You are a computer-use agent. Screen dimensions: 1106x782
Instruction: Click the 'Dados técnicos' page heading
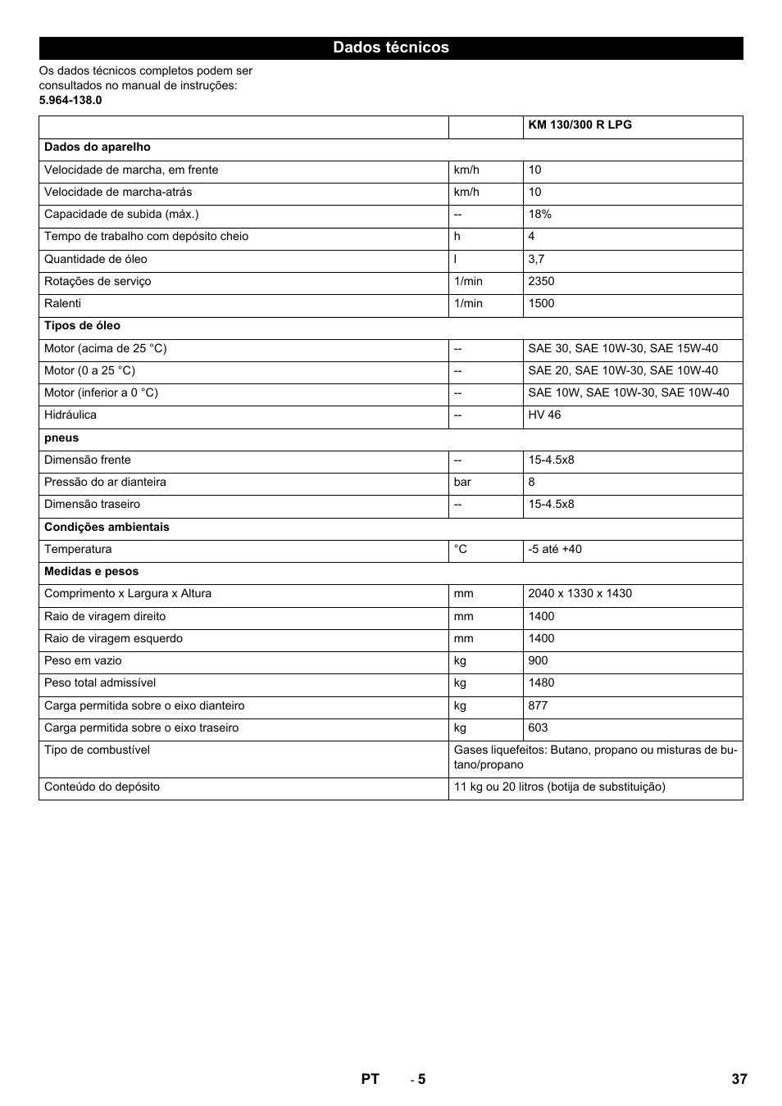pos(390,48)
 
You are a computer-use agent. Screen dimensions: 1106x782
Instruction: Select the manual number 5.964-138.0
pos(70,100)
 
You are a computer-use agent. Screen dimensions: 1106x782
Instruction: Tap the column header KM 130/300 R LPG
pos(580,125)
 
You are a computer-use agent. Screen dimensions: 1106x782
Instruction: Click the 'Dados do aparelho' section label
pos(98,147)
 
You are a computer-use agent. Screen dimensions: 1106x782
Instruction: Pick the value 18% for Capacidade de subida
pos(539,215)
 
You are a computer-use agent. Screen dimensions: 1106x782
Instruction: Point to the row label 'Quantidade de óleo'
pos(96,259)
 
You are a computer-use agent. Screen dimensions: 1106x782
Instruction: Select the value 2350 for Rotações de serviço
pos(541,281)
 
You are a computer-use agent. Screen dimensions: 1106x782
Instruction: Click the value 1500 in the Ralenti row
pos(541,303)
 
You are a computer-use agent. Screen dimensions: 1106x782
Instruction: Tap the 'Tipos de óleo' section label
pos(82,326)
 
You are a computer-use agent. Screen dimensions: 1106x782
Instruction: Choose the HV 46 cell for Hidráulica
pos(544,415)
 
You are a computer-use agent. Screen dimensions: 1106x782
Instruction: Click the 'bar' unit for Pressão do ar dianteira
pos(462,483)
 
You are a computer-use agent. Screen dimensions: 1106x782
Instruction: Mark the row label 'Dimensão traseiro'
pos(92,505)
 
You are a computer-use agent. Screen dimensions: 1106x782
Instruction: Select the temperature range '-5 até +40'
pos(555,549)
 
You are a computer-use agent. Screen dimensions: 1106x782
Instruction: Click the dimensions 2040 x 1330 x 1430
pos(580,594)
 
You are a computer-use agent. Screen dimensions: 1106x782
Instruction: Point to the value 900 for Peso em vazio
pos(538,660)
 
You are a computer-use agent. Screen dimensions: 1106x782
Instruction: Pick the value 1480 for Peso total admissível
pos(541,682)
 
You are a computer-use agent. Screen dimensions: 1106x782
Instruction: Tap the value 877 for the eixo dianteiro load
pos(538,705)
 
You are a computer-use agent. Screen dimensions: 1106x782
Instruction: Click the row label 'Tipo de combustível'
pos(97,750)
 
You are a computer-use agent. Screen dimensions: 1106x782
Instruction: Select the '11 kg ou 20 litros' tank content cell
pos(559,787)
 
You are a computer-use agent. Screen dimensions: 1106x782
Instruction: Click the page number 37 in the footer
pos(739,1079)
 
